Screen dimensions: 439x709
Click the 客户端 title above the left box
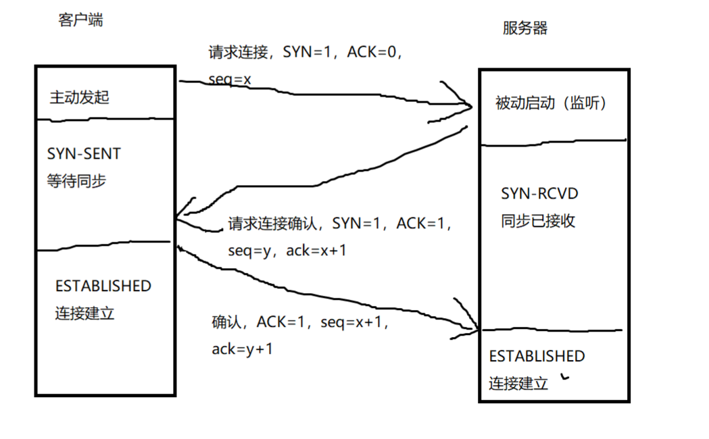80,20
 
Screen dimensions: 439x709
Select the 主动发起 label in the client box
79,98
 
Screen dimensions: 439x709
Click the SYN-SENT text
84,154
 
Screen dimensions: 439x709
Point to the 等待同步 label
76,181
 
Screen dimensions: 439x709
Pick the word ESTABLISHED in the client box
103,286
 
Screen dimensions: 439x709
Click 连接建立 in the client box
85,313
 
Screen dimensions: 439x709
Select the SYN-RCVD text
539,194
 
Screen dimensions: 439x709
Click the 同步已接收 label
538,221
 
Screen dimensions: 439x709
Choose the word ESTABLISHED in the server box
537,356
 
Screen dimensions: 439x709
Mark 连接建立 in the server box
518,384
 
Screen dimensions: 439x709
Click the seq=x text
230,80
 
